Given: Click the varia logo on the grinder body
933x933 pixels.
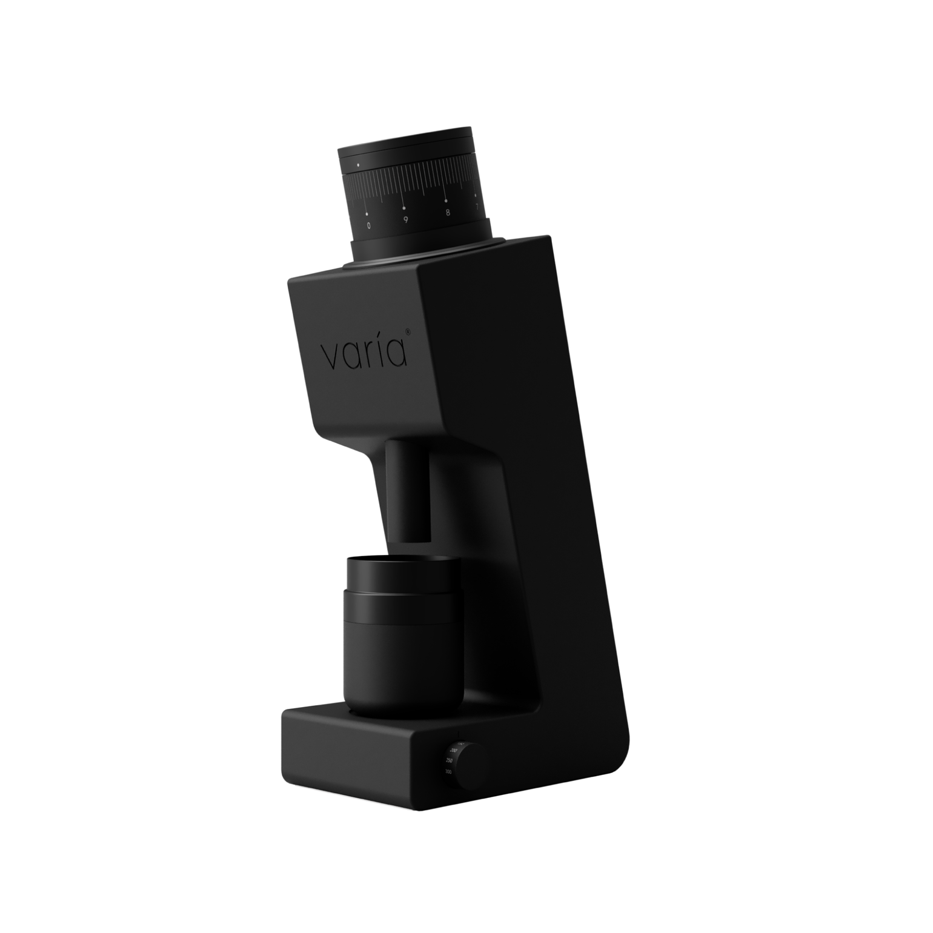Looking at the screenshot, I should click(364, 354).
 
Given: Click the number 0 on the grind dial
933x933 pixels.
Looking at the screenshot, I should click(368, 225).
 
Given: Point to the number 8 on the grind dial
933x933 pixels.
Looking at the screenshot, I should click(447, 212).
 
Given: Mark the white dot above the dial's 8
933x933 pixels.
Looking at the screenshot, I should click(446, 201).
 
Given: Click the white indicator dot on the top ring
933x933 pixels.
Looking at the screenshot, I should click(358, 164).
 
